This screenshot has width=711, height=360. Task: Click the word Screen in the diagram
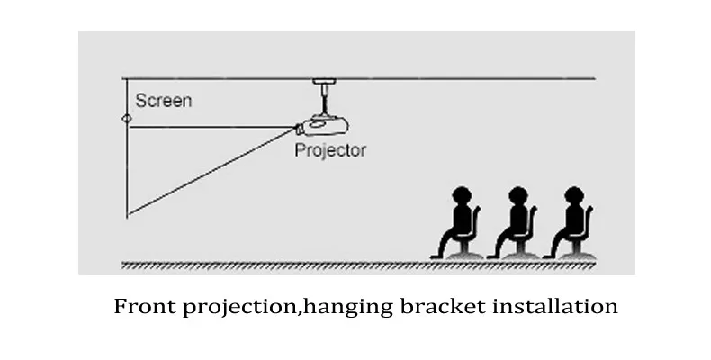point(163,101)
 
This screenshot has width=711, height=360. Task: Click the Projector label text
point(330,150)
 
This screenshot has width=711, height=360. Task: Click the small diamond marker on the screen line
point(127,118)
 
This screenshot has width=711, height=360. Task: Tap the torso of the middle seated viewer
point(515,219)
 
